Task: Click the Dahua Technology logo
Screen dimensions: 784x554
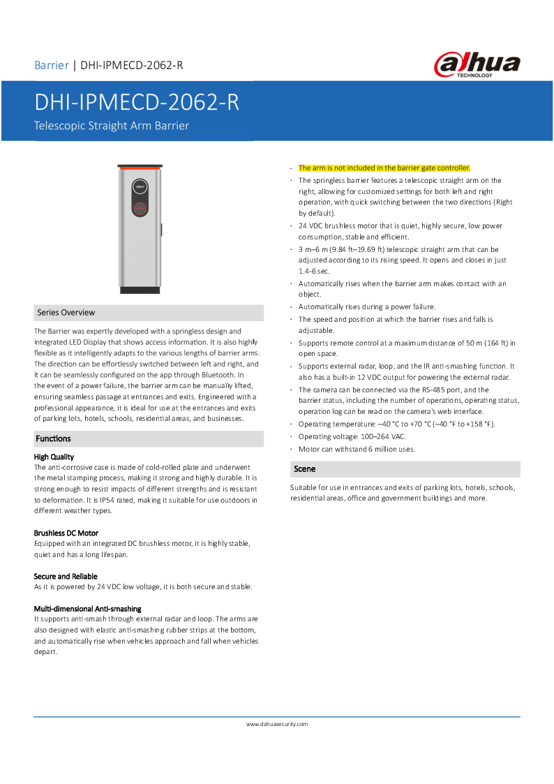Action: (477, 65)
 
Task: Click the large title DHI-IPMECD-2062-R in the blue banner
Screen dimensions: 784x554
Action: (137, 103)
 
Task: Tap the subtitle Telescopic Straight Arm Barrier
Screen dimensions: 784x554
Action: (112, 126)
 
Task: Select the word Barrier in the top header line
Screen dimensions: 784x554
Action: (52, 66)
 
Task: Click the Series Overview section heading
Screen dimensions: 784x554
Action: (66, 313)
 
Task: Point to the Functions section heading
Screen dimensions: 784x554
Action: (54, 438)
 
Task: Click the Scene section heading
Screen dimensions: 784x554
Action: (305, 469)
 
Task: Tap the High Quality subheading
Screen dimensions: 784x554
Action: (54, 457)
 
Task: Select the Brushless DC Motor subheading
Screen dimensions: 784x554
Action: (66, 533)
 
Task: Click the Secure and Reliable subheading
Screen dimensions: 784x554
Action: (66, 576)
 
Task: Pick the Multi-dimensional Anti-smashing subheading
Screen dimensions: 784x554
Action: (87, 609)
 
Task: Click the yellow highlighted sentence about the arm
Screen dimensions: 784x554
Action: (384, 168)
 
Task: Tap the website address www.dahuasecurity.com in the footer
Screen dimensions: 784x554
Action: (277, 724)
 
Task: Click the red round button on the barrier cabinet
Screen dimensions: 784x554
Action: (140, 207)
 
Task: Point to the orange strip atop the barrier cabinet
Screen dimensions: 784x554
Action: (140, 168)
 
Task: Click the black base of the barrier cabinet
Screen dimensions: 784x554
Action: (140, 289)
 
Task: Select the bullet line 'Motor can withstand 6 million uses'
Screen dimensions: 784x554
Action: (357, 449)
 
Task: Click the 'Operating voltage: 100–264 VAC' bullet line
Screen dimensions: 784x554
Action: (352, 436)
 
